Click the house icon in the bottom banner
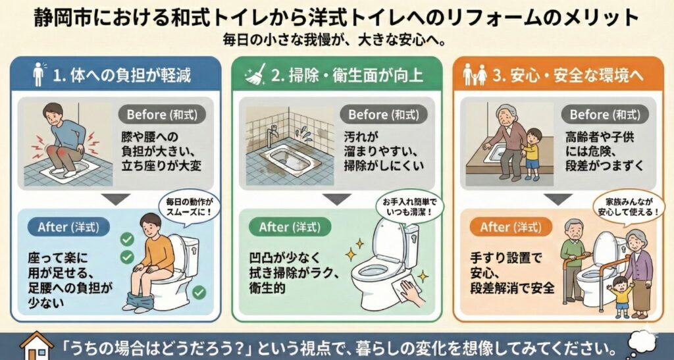(37, 346)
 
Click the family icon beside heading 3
(475, 75)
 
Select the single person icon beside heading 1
(39, 75)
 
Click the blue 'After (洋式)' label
(68, 227)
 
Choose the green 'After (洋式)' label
(290, 227)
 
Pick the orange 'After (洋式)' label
(511, 227)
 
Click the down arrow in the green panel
(337, 199)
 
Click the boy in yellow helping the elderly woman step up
(531, 153)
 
